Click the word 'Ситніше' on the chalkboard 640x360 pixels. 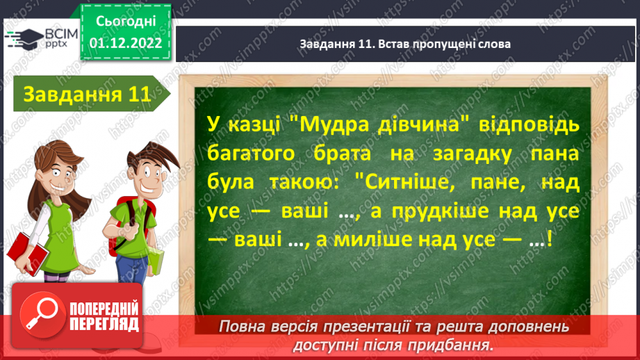tap(402, 182)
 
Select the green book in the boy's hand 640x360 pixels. tap(157, 261)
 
